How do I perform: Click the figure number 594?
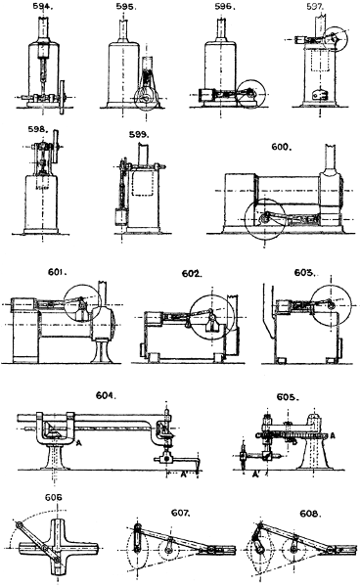pos(42,7)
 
